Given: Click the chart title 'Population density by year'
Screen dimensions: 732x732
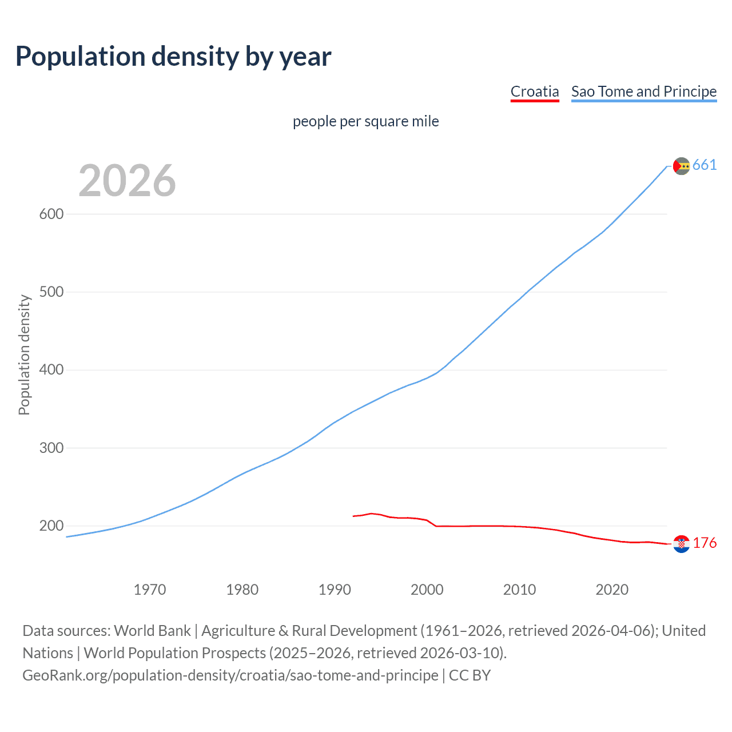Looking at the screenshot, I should pyautogui.click(x=173, y=57).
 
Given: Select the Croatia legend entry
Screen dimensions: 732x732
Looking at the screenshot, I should pyautogui.click(x=534, y=91).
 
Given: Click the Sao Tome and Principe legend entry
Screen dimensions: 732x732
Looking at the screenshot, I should pyautogui.click(x=643, y=91).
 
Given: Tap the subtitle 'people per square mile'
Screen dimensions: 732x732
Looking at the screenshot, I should pyautogui.click(x=365, y=121).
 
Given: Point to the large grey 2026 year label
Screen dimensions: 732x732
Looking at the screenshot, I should pyautogui.click(x=127, y=181).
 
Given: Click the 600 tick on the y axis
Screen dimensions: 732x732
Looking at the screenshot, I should pyautogui.click(x=51, y=214).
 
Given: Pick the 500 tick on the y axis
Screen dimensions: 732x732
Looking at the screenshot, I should pyautogui.click(x=51, y=292).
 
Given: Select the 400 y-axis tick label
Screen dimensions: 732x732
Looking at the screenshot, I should pyautogui.click(x=51, y=370).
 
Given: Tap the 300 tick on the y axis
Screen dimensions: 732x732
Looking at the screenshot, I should pyautogui.click(x=51, y=448).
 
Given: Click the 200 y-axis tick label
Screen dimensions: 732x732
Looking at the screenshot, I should pyautogui.click(x=51, y=526).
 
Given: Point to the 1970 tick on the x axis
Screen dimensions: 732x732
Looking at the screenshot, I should pyautogui.click(x=150, y=590).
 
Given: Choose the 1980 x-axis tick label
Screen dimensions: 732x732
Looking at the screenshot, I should pyautogui.click(x=242, y=590).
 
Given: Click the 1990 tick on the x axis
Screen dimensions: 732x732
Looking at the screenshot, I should pyautogui.click(x=335, y=590).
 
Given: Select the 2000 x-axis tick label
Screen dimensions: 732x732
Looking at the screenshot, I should pyautogui.click(x=427, y=590).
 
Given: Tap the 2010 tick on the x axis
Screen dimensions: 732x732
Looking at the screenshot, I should pyautogui.click(x=519, y=590).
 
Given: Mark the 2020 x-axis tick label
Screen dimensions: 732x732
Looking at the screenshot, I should pyautogui.click(x=612, y=590).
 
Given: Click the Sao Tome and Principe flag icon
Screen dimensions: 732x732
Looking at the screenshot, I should pyautogui.click(x=681, y=166).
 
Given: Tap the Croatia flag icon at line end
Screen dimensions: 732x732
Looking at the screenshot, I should pyautogui.click(x=681, y=544).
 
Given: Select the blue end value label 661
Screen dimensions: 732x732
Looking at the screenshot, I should pyautogui.click(x=705, y=165).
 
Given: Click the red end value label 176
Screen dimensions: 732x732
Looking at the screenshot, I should pyautogui.click(x=705, y=543).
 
